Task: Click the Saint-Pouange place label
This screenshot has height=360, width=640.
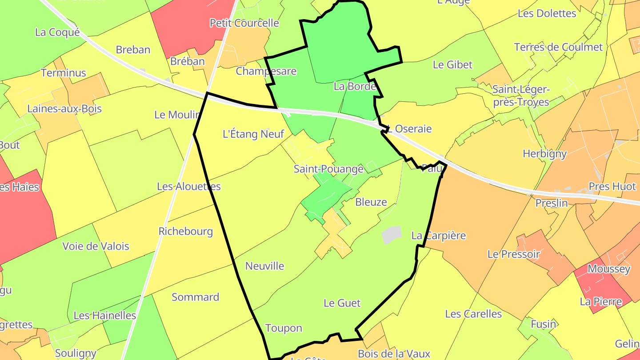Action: tap(328, 169)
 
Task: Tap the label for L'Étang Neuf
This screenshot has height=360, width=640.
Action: tap(253, 134)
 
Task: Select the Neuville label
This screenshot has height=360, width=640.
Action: tap(264, 266)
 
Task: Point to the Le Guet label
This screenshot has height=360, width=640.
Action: tap(342, 303)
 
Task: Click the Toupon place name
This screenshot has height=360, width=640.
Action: tap(284, 328)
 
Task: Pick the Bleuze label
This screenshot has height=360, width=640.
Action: tap(371, 202)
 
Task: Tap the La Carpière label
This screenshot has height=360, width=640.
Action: tap(438, 235)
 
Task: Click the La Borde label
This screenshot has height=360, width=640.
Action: tap(355, 86)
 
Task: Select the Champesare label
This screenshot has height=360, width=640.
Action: tap(266, 71)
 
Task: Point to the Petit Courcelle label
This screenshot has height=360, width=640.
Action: tap(244, 23)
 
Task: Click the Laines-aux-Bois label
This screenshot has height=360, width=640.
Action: tap(64, 108)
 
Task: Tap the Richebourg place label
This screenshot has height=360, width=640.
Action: tap(185, 231)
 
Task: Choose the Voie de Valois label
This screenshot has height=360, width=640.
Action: tap(96, 246)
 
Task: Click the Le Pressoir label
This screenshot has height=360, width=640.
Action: tap(513, 254)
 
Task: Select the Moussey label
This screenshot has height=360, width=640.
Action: tap(608, 269)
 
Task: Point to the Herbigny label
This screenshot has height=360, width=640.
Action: tap(544, 154)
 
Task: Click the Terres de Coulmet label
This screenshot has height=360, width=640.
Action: tap(558, 47)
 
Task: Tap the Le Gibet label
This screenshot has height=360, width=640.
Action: tap(452, 64)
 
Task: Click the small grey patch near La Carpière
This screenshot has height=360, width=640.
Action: tap(392, 235)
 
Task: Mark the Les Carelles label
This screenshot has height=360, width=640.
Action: tap(473, 314)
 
